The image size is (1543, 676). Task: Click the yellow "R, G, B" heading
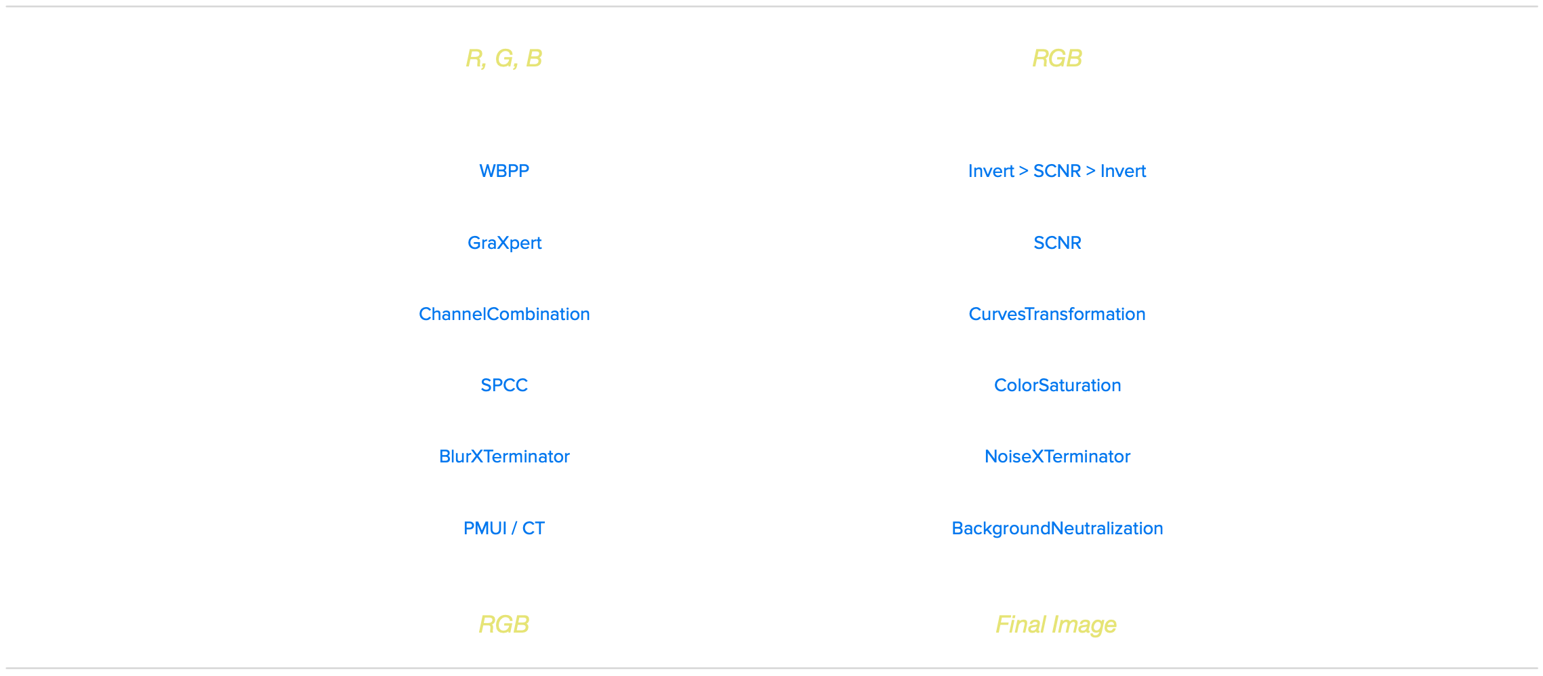coord(503,58)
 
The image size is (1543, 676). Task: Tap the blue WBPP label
coord(504,171)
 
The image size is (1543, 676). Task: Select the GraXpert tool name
coord(504,243)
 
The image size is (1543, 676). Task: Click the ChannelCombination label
coord(504,314)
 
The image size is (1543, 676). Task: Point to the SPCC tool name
coord(504,385)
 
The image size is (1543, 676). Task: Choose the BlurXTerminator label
coord(504,456)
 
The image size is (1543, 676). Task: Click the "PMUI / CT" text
coord(504,528)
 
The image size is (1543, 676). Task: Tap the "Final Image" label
coord(1056,624)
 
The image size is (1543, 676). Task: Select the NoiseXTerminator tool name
coord(1057,456)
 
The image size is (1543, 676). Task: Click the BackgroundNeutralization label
coord(1057,528)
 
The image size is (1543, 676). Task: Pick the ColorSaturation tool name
coord(1057,385)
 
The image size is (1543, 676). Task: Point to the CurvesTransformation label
coord(1057,314)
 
